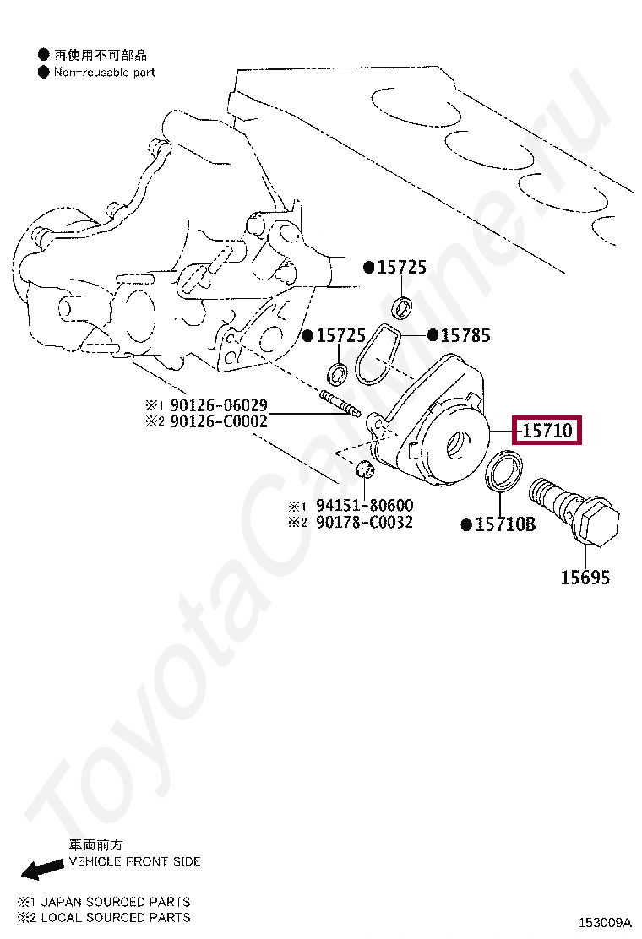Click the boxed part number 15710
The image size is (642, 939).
(548, 432)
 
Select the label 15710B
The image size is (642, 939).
(504, 524)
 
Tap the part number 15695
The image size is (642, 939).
(585, 578)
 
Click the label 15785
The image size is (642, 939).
(465, 335)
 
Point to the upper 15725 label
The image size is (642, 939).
(401, 268)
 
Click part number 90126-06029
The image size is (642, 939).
(219, 405)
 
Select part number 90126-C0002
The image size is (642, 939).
(219, 421)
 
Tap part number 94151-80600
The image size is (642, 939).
(364, 506)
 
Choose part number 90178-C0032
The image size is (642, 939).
(364, 522)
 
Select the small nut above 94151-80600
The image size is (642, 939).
(366, 469)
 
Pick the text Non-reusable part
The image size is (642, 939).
(105, 73)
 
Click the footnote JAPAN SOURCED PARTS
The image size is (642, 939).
(115, 901)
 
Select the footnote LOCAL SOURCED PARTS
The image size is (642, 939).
(115, 916)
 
